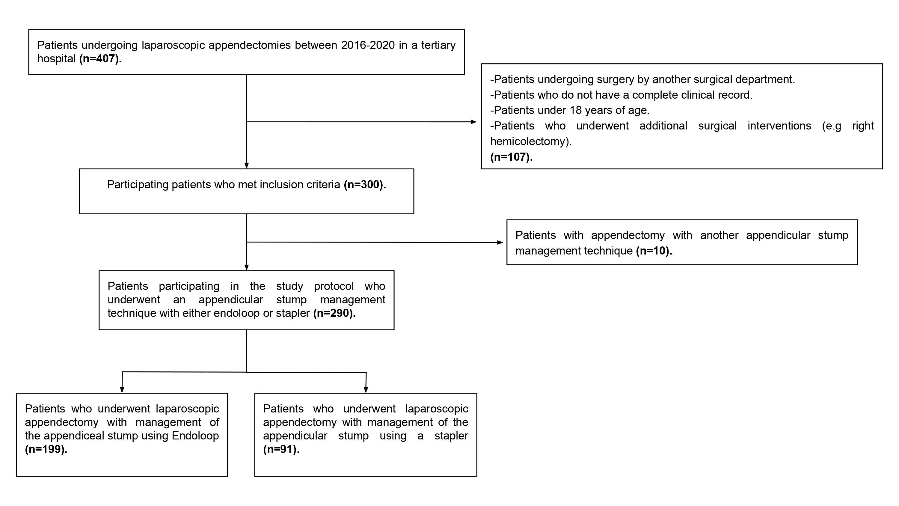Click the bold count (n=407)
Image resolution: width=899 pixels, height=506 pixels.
click(100, 59)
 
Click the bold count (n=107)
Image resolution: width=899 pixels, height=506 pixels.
click(511, 157)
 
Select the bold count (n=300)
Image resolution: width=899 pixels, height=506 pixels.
click(365, 184)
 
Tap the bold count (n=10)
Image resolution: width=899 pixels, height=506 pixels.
click(654, 251)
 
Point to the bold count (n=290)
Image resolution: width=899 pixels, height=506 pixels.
click(334, 313)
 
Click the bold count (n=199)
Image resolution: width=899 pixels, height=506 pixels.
click(46, 449)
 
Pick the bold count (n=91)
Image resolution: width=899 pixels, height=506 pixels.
click(281, 449)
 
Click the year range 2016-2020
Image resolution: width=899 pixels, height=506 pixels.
click(368, 45)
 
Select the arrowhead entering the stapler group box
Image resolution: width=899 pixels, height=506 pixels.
click(366, 390)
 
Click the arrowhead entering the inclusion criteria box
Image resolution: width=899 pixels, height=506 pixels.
click(246, 165)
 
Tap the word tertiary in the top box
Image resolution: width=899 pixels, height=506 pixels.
click(438, 45)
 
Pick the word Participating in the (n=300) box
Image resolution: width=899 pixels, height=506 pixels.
click(138, 185)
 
